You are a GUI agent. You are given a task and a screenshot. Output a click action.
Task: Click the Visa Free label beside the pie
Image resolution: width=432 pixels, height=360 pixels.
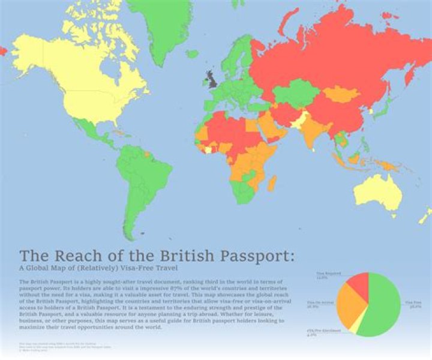point(413,302)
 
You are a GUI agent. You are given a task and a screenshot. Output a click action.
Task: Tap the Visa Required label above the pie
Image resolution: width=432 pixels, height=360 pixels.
point(325,275)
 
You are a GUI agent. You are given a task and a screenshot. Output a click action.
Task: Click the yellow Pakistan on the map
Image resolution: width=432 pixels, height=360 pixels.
point(298,120)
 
